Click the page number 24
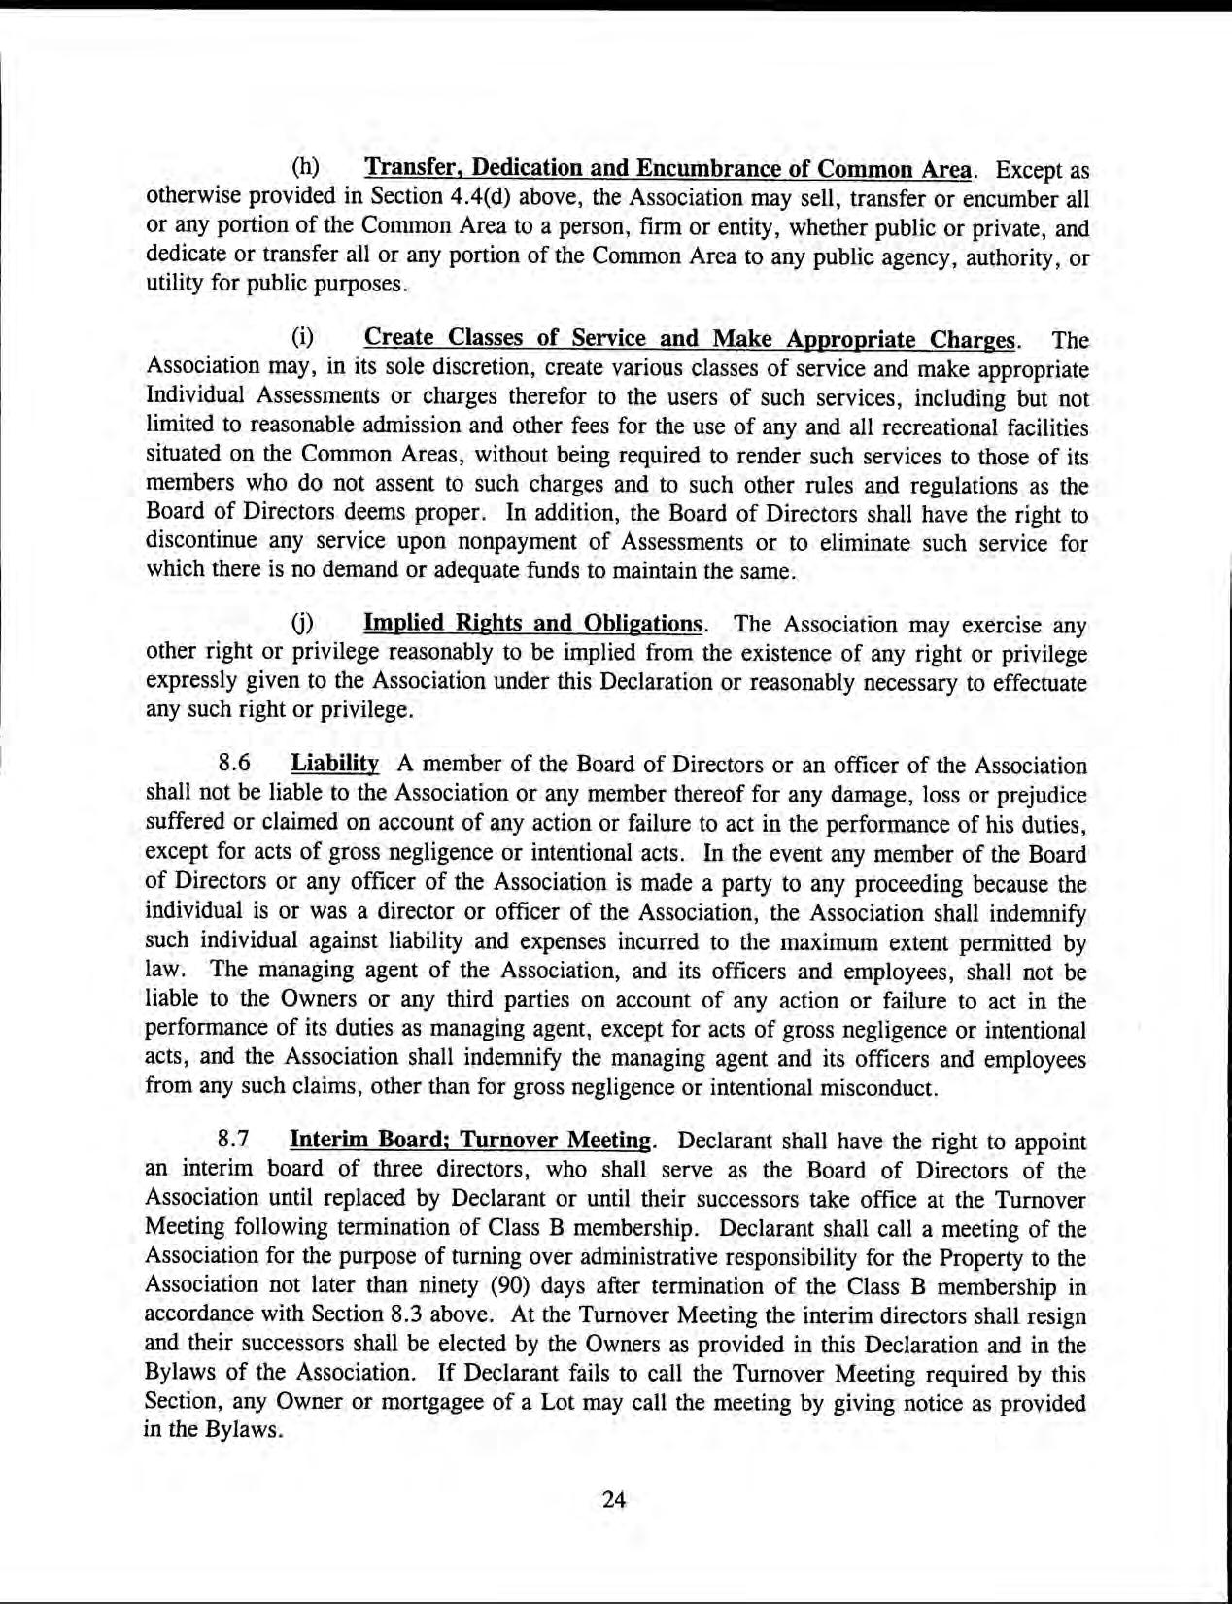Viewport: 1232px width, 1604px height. pos(613,1499)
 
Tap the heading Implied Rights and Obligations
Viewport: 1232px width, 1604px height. pos(532,622)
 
